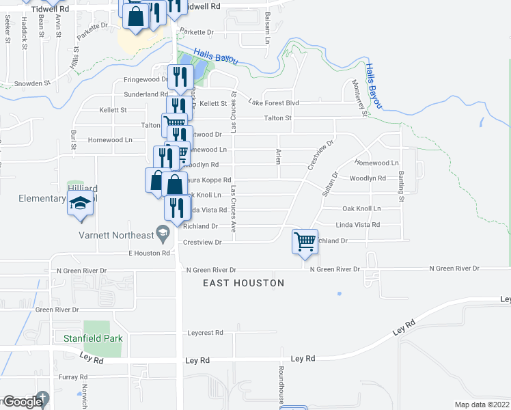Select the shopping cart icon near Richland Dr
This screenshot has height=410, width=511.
pos(304,241)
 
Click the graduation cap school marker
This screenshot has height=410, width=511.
pos(80,202)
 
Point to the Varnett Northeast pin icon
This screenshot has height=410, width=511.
pos(163,236)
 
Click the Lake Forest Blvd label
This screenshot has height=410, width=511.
pos(273,102)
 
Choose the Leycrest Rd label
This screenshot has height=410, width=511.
pos(205,333)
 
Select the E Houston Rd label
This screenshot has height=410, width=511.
pos(148,253)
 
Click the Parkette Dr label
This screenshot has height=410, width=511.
pos(196,31)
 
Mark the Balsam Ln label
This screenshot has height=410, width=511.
pos(267,23)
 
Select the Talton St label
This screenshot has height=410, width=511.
pos(278,118)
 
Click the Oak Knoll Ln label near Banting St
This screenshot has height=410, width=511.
pos(361,208)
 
